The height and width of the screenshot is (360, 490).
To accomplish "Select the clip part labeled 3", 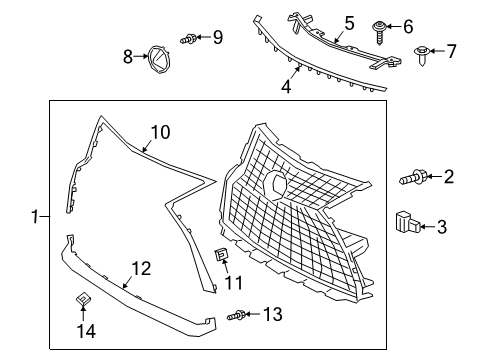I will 406,222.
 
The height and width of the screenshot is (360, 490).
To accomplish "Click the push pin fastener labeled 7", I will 421,51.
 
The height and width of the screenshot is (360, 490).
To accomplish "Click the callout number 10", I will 161,131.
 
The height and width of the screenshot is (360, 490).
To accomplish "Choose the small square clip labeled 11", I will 223,257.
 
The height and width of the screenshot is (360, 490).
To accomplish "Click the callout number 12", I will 140,267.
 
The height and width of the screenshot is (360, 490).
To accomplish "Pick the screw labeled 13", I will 237,315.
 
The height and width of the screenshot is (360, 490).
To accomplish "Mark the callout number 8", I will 128,57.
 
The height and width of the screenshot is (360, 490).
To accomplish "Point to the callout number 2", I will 448,177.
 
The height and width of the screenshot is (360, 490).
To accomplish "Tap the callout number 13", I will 272,315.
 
